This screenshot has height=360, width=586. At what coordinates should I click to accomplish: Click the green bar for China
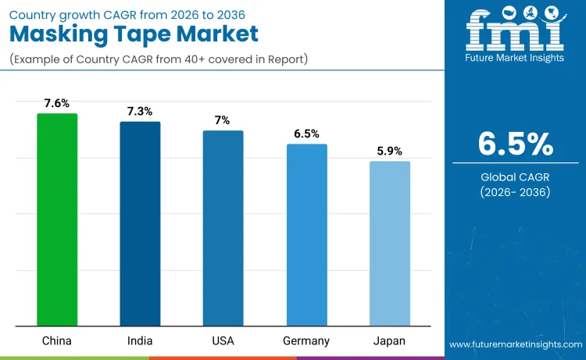(57, 219)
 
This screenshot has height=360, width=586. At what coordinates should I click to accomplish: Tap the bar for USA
(223, 228)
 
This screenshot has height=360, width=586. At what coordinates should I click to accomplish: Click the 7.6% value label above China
(57, 102)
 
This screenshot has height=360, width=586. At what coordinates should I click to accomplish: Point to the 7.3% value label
(140, 111)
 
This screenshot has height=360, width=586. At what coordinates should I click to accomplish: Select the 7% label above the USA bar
(223, 119)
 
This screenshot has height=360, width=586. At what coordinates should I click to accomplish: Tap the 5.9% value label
(389, 151)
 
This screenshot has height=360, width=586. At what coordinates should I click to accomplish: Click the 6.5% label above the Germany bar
(306, 134)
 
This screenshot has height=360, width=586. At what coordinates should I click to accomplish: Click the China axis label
(57, 340)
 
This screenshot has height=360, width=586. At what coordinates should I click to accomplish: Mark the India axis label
(140, 340)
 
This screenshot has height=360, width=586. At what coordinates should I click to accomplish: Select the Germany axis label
(306, 340)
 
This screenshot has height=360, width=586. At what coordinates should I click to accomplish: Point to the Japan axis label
(389, 340)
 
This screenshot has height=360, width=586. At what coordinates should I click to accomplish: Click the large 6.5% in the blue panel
(516, 144)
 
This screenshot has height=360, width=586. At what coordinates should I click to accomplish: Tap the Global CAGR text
(516, 177)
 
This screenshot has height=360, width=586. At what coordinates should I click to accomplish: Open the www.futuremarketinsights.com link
(515, 344)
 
